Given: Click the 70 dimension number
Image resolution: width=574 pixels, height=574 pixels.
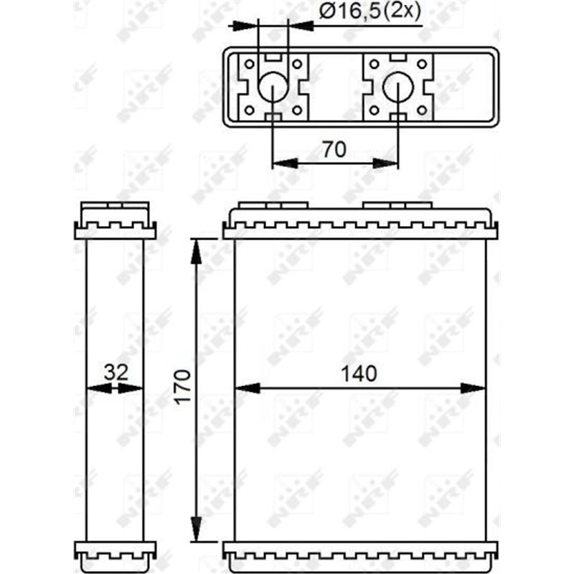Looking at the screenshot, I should coord(334,149).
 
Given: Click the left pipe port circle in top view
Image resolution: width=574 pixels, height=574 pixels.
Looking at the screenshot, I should coord(273,88).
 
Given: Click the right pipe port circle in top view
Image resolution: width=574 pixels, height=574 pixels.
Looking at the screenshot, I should coord(398,88).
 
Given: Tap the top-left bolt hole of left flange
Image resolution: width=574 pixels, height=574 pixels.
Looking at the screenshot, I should coord(249,64).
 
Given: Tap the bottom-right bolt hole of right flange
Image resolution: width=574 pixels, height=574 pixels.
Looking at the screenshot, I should coord(422,110).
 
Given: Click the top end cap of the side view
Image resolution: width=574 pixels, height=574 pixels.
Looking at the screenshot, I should coord(115,221).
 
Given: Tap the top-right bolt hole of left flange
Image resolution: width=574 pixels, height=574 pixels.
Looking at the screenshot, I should coord(297,64).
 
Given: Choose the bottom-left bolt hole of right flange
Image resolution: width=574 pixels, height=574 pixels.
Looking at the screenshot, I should coord(375,110).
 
